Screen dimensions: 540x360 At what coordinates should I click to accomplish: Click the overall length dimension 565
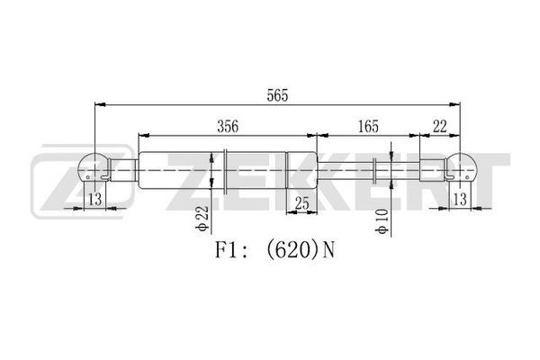(277, 95)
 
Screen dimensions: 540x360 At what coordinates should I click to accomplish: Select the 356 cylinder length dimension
(228, 126)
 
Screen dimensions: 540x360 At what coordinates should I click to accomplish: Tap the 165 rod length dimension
(368, 126)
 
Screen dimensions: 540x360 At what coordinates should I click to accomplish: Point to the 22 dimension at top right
(440, 126)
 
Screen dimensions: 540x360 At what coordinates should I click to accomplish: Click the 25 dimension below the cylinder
(302, 203)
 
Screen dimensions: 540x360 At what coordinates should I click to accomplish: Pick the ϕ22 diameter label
(202, 219)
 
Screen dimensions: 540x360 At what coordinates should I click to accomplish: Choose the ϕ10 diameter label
(382, 221)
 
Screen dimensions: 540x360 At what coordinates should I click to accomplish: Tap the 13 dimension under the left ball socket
(95, 199)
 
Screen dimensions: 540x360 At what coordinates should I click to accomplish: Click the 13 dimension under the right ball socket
(460, 199)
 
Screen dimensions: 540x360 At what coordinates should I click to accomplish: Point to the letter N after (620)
(328, 250)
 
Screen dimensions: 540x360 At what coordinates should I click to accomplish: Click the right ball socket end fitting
(461, 166)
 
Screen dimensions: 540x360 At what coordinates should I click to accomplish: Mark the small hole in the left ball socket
(88, 177)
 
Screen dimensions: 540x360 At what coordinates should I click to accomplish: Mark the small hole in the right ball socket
(467, 177)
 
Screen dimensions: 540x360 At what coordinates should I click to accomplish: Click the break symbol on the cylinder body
(225, 171)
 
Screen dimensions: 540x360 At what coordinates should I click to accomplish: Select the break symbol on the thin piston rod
(375, 171)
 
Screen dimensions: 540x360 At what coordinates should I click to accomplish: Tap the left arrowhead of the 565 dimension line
(100, 104)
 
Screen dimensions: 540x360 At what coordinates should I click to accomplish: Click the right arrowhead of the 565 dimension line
(454, 104)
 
